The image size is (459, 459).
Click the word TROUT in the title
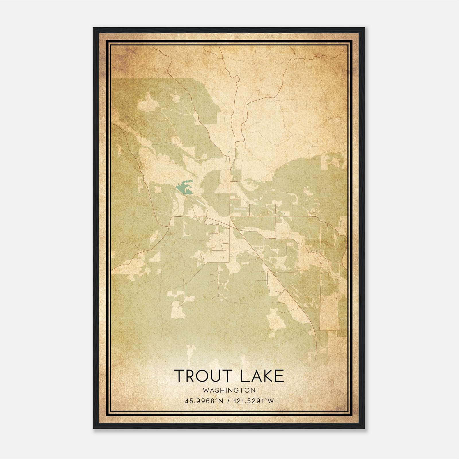tap(203, 376)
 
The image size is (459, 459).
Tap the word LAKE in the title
tap(262, 376)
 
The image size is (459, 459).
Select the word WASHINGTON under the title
tap(229, 390)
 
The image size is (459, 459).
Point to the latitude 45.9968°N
tap(204, 401)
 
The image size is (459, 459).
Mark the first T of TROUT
tap(179, 376)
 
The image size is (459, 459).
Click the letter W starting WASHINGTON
tap(205, 390)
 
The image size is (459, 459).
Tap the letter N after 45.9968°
tap(221, 401)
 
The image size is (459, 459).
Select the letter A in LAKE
tap(254, 376)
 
